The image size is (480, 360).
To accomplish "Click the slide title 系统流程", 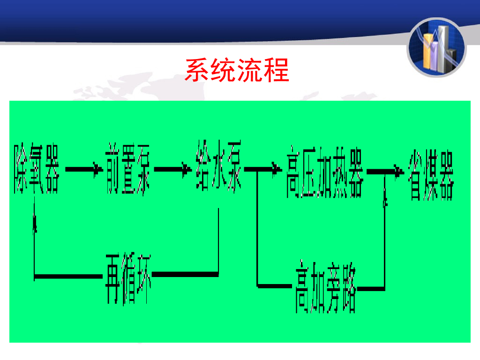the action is [x=237, y=70].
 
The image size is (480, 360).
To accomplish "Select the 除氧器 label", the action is [x=36, y=169].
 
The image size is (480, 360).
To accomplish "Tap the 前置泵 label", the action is [x=127, y=169].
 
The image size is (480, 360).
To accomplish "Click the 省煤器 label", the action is [x=430, y=175].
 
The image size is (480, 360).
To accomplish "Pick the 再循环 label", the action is [x=128, y=277].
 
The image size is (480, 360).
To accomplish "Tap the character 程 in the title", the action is [x=277, y=70].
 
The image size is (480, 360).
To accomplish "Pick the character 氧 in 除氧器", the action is [x=36, y=169].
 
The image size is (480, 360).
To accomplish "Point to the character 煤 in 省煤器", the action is [x=430, y=175].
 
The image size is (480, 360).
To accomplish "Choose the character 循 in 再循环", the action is [x=128, y=277].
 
